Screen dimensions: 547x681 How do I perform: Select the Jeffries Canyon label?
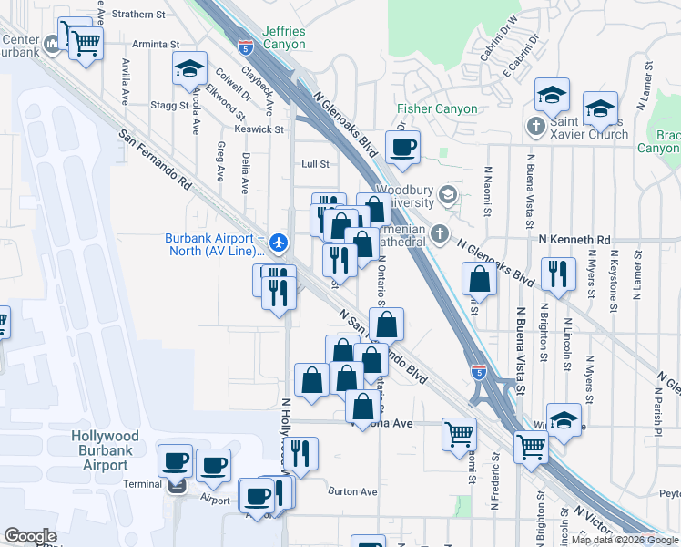(283, 37)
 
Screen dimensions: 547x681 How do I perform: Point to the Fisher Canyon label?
(437, 109)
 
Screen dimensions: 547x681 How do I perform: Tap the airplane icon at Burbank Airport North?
(279, 243)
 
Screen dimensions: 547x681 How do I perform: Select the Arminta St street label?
(156, 44)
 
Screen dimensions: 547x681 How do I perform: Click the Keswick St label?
(259, 129)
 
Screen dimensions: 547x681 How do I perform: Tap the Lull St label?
(315, 164)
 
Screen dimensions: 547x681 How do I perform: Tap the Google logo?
(30, 536)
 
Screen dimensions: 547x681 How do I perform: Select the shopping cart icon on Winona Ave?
(459, 433)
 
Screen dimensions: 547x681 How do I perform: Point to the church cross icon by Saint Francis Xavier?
(537, 125)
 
